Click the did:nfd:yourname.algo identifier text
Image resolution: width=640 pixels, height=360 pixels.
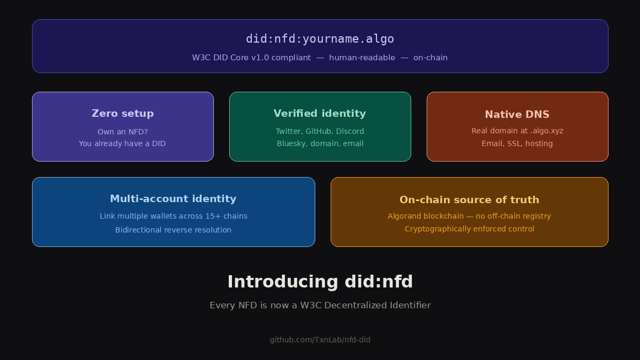[320, 39]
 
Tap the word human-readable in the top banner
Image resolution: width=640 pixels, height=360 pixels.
[362, 58]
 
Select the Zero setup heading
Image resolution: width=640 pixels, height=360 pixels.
[123, 114]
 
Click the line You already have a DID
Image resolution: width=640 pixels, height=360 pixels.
[122, 143]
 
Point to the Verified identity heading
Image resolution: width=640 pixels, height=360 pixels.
[320, 114]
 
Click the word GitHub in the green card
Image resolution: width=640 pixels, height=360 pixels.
[318, 131]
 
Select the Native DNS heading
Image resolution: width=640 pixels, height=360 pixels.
[517, 115]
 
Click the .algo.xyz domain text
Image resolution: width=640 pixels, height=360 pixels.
[546, 131]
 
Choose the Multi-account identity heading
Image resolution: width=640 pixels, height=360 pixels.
[173, 199]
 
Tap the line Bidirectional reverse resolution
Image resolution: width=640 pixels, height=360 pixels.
[173, 230]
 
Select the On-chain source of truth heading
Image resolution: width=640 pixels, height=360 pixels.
[469, 200]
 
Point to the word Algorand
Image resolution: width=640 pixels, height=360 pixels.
[404, 216]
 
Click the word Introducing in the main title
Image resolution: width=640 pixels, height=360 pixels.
[283, 282]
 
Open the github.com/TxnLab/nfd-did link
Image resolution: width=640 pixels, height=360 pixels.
[320, 340]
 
